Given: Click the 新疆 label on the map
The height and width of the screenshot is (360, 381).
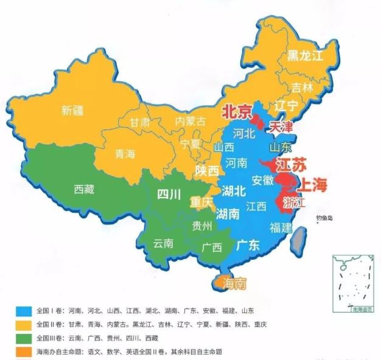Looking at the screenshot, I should pos(72,111).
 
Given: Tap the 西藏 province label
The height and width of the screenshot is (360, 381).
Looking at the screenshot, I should pos(84,189).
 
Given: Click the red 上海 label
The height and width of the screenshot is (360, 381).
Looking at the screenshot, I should pos(310,185).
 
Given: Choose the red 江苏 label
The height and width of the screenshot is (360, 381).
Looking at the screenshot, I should pos(290,165).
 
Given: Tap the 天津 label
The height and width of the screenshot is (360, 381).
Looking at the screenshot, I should pos(281,127).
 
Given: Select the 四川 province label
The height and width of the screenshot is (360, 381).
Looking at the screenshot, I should pos(169,195).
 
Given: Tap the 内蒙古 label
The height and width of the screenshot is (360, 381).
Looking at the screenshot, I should pos(190,122).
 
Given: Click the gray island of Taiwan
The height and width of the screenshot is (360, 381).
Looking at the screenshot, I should pos(299,241).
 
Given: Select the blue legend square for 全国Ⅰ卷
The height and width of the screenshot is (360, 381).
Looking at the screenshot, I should pos(23,310).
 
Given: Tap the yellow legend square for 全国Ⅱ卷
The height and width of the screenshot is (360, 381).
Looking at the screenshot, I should pos(23,324).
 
